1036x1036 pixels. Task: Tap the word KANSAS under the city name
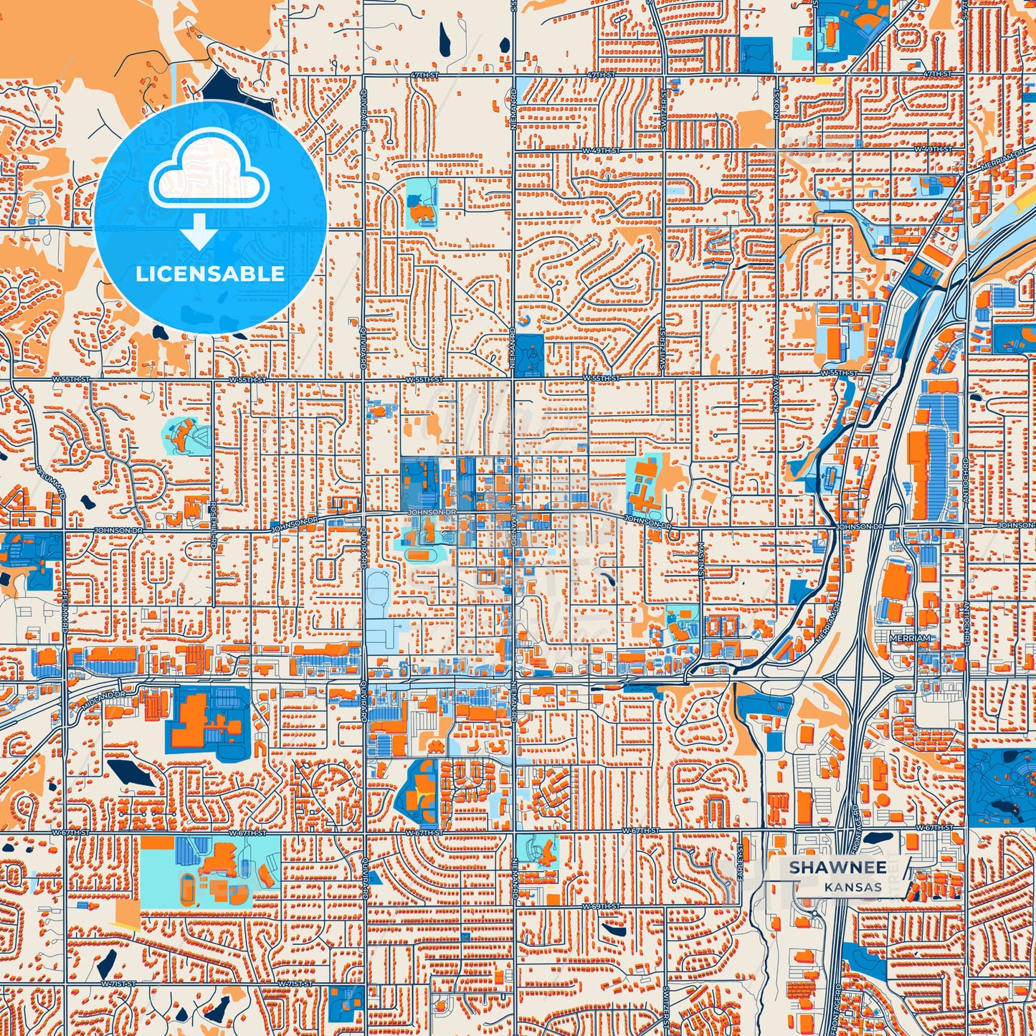point(852,887)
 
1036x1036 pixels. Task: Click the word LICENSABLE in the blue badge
point(210,274)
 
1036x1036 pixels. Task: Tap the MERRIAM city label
point(908,637)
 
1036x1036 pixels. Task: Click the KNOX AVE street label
point(776,394)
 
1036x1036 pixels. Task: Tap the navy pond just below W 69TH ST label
point(613,929)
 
